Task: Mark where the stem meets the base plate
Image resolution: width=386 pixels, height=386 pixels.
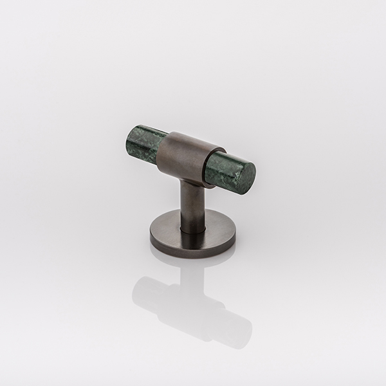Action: click(x=193, y=226)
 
